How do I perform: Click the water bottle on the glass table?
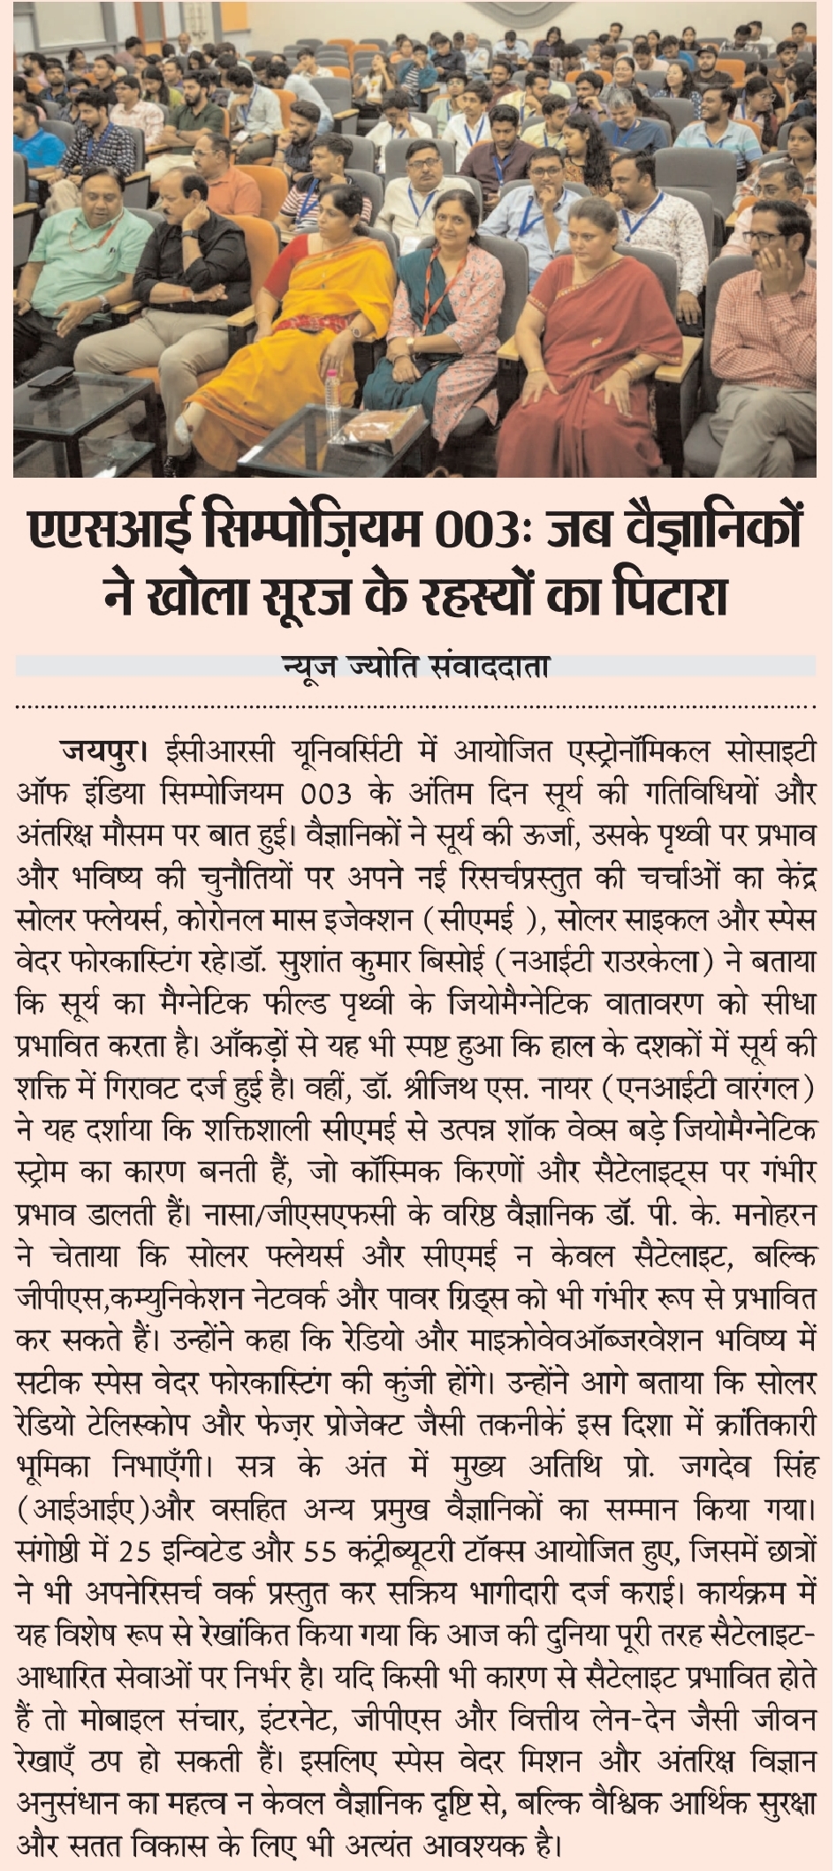[x=332, y=394]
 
